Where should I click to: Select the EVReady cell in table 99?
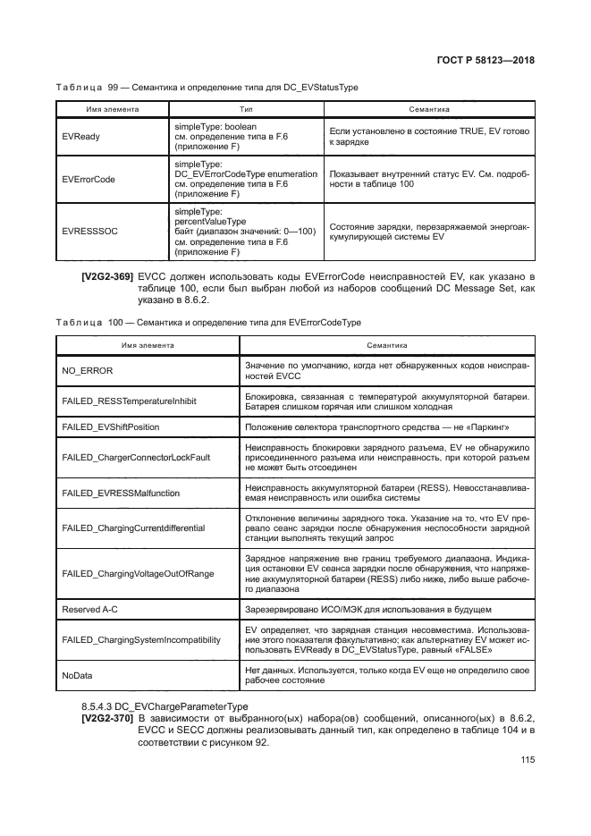81,138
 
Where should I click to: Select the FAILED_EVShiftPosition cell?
111,427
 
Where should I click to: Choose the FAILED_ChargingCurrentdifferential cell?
133,528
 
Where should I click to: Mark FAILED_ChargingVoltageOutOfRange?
138,573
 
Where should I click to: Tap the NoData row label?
78,675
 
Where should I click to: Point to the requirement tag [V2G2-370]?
107,718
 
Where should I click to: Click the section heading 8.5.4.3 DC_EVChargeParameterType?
159,706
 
